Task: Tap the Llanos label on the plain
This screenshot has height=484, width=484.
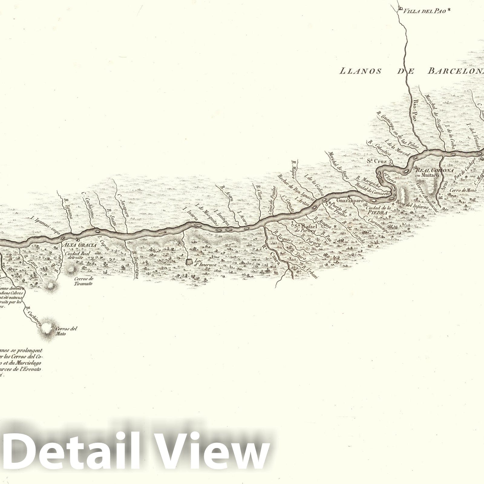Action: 360,71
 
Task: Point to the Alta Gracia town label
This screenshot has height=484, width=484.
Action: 80,245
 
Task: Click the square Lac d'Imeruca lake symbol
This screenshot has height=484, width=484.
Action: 189,262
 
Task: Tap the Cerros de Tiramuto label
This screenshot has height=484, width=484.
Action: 83,281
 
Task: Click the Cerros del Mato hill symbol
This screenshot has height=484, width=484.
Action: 47,328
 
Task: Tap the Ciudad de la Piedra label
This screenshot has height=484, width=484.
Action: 378,210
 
